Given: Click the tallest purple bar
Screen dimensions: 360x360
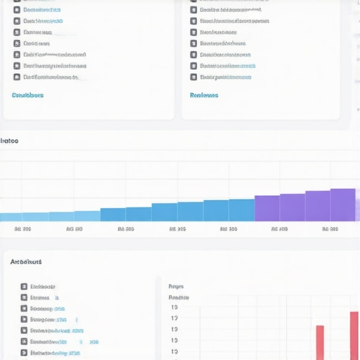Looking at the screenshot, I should click(343, 205).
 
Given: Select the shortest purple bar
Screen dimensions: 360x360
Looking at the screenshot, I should click(266, 208).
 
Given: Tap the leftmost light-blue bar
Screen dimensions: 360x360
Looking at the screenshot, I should click(11, 217).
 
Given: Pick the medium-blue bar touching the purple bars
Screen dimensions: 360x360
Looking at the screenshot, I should click(241, 210).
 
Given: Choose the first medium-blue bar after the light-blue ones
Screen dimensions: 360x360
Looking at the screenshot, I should click(112, 214).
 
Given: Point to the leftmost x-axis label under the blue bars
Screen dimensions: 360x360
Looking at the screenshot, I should click(22, 229).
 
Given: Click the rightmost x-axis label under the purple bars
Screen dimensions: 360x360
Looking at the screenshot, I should click(330, 229).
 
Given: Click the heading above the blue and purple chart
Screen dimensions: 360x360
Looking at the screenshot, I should click(9, 141).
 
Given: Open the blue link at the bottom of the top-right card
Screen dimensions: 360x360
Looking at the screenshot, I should click(204, 95).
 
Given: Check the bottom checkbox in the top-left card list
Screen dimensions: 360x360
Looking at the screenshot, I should click(17, 77).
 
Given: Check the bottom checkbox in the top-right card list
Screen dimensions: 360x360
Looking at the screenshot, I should click(193, 77).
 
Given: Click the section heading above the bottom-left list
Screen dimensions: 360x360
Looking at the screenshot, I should click(26, 262).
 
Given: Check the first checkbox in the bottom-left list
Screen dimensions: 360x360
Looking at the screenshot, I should click(24, 287).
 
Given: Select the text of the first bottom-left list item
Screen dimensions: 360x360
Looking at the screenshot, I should click(43, 287).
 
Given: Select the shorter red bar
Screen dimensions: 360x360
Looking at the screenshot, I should click(320, 342).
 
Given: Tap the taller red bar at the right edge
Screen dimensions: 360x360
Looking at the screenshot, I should click(354, 335).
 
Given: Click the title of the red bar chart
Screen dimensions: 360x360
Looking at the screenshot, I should click(176, 286).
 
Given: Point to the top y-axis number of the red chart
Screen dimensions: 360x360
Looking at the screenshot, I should click(174, 307).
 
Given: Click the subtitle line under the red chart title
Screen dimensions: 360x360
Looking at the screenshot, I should click(179, 297).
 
